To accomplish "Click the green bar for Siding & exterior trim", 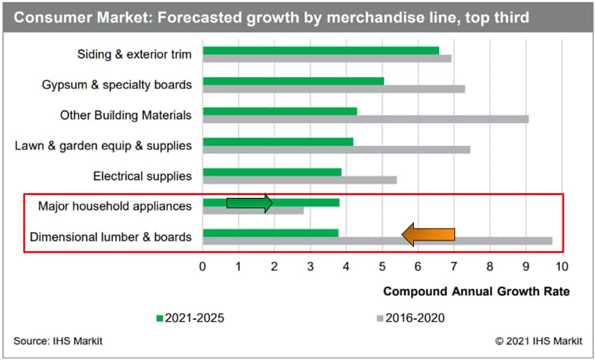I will click(x=320, y=50).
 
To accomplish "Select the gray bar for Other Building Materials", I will click(x=365, y=119).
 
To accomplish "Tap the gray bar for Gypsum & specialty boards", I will click(x=334, y=89).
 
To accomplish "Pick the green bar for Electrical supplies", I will click(x=271, y=172).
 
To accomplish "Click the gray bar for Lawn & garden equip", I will click(x=336, y=150).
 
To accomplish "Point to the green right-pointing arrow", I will click(x=250, y=203).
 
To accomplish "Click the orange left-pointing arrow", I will click(x=429, y=236).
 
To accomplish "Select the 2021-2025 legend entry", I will click(x=189, y=318).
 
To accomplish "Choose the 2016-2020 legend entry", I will click(x=409, y=318).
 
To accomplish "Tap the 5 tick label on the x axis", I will click(x=382, y=266).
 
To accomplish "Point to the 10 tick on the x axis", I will click(x=561, y=266).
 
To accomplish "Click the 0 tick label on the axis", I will click(x=203, y=266).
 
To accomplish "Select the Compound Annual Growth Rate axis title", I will click(x=476, y=291).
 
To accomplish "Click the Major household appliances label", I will click(x=115, y=206).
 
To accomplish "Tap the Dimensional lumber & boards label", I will click(x=110, y=237).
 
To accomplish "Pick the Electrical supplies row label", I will click(x=142, y=176).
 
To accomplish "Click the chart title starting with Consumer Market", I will click(x=271, y=17).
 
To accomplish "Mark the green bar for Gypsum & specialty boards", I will click(x=293, y=81).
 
